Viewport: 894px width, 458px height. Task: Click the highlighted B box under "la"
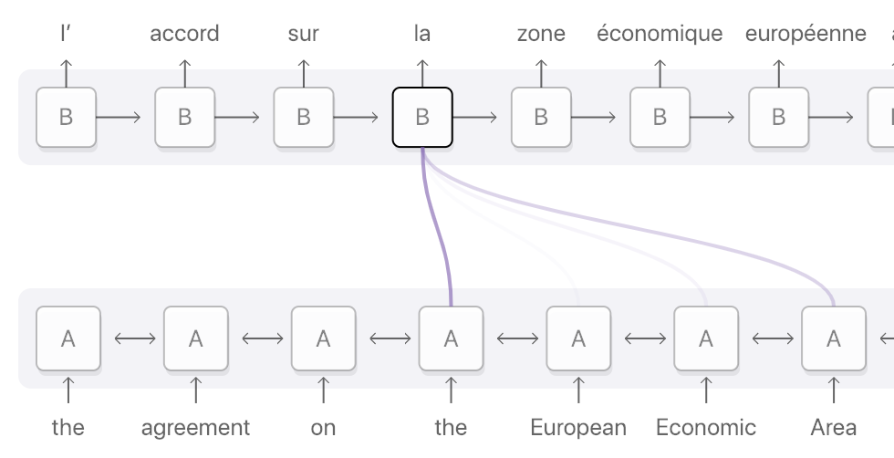[422, 117]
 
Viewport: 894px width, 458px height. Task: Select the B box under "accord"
[184, 117]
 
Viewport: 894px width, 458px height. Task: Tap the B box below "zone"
[541, 117]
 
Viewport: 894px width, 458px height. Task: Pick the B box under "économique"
[660, 117]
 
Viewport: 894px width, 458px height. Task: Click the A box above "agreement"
[195, 338]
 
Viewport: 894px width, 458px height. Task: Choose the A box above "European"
[578, 338]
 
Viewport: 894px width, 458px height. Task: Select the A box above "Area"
[833, 338]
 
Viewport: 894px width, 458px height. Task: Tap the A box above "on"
[323, 338]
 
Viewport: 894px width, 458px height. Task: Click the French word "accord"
[184, 34]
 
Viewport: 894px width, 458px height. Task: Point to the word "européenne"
[806, 34]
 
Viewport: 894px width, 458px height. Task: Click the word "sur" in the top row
[304, 34]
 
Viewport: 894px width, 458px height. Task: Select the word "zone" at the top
[541, 34]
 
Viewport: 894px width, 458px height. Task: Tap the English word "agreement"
[195, 427]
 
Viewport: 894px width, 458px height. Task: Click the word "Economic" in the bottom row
[706, 427]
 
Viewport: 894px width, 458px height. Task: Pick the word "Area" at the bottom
[833, 427]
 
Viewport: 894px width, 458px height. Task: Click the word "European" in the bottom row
[578, 427]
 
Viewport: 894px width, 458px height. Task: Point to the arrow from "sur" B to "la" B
[362, 117]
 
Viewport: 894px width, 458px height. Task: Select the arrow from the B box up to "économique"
[660, 73]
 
